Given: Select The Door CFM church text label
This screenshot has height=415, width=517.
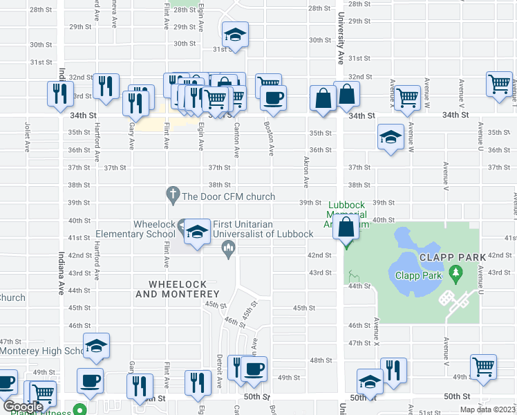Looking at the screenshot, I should coord(228,196).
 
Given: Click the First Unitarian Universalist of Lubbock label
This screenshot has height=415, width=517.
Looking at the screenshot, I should coord(263,228).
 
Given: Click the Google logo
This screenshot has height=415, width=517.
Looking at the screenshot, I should coord(22,407).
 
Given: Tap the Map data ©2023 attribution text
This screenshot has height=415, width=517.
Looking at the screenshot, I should coord(487,409).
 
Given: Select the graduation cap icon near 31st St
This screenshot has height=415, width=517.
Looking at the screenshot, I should coord(235,35).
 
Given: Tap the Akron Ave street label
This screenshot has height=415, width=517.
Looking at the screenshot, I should coord(305,172).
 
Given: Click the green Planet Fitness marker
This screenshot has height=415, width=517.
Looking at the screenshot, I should coord(80,409).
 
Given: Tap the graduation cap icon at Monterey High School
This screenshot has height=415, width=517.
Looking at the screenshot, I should coord(96,345).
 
